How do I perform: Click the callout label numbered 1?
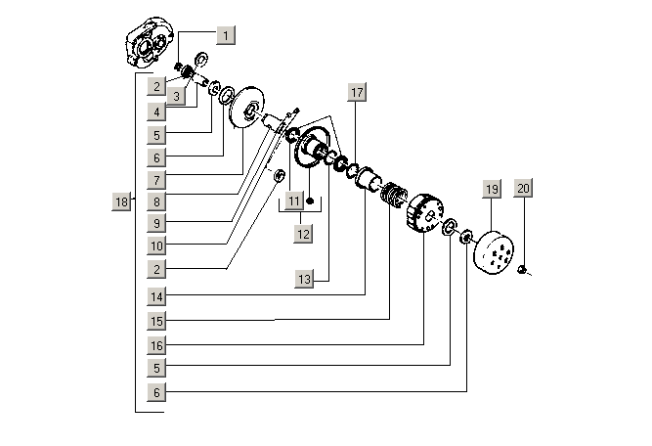pyautogui.click(x=226, y=36)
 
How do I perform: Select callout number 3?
pyautogui.click(x=176, y=96)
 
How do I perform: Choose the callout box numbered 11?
pyautogui.click(x=295, y=201)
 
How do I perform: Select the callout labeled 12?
pyautogui.click(x=304, y=234)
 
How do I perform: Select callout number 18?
pyautogui.click(x=121, y=201)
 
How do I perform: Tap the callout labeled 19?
pyautogui.click(x=491, y=188)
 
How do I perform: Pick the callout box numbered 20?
pyautogui.click(x=523, y=188)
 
